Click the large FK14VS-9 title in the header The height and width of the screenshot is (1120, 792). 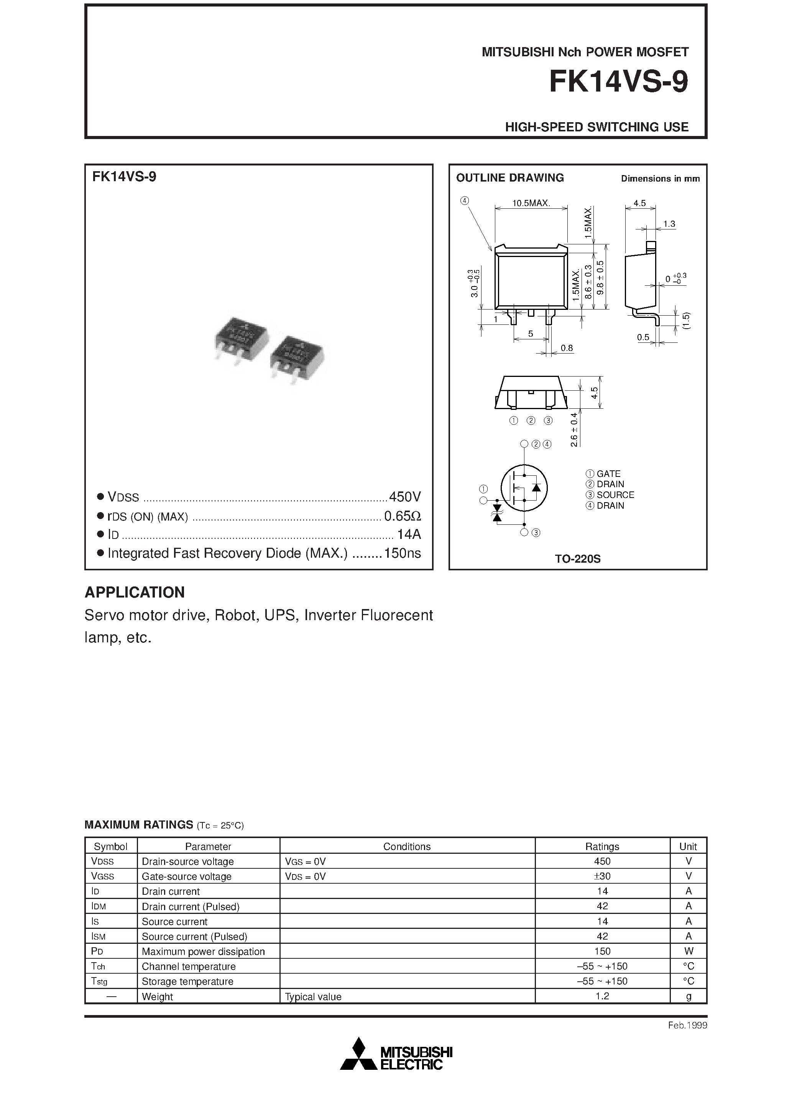618,82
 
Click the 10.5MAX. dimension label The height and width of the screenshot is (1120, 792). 531,203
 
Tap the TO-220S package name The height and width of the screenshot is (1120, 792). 577,559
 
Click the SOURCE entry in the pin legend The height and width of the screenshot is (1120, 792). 615,495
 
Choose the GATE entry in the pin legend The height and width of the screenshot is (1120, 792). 608,474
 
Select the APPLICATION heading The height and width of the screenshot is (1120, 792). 135,592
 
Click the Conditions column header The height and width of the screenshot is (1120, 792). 407,847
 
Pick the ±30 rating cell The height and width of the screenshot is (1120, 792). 602,876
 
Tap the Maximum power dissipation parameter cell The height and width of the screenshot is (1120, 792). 203,951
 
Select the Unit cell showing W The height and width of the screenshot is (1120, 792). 688,951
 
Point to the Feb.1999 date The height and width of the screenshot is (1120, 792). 687,1025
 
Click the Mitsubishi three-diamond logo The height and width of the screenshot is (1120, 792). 359,1054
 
